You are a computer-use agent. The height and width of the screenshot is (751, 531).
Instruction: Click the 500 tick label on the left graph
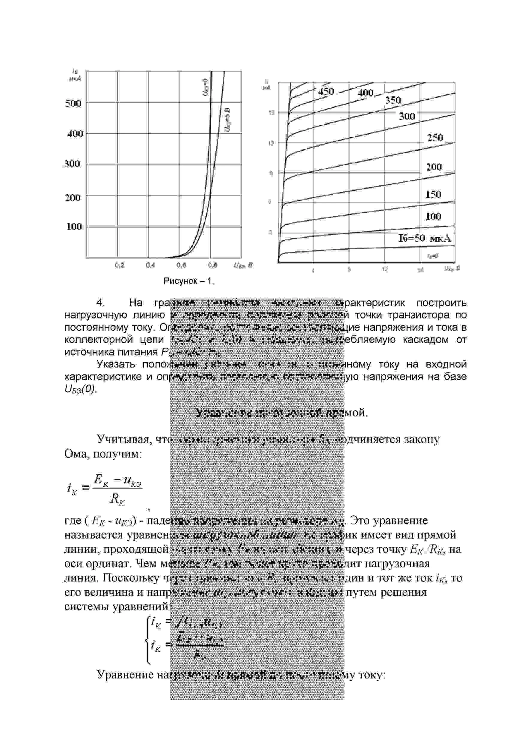pyautogui.click(x=73, y=103)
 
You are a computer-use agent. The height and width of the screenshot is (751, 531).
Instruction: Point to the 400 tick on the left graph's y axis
pyautogui.click(x=75, y=133)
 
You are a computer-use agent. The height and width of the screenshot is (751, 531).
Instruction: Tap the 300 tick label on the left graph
pyautogui.click(x=72, y=164)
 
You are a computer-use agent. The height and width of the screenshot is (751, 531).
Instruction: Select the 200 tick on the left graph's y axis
pyautogui.click(x=73, y=197)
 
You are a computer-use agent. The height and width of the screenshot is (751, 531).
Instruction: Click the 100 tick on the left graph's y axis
pyautogui.click(x=74, y=226)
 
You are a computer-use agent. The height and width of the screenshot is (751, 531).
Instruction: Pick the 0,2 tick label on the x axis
pyautogui.click(x=120, y=265)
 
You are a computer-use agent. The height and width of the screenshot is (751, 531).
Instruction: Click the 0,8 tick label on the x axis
pyautogui.click(x=212, y=265)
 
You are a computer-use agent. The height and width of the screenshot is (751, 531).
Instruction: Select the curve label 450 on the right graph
pyautogui.click(x=326, y=92)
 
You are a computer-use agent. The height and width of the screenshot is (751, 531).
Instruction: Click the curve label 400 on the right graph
pyautogui.click(x=366, y=93)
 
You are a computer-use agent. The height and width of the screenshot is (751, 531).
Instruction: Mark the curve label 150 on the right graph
pyautogui.click(x=433, y=194)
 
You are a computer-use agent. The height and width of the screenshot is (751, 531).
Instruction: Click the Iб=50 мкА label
pyautogui.click(x=424, y=238)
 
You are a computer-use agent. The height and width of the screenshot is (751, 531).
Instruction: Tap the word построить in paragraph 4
pyautogui.click(x=441, y=303)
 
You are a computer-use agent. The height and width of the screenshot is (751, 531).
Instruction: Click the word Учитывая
pyautogui.click(x=124, y=439)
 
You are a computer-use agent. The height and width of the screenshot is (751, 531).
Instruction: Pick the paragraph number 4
pyautogui.click(x=100, y=303)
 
